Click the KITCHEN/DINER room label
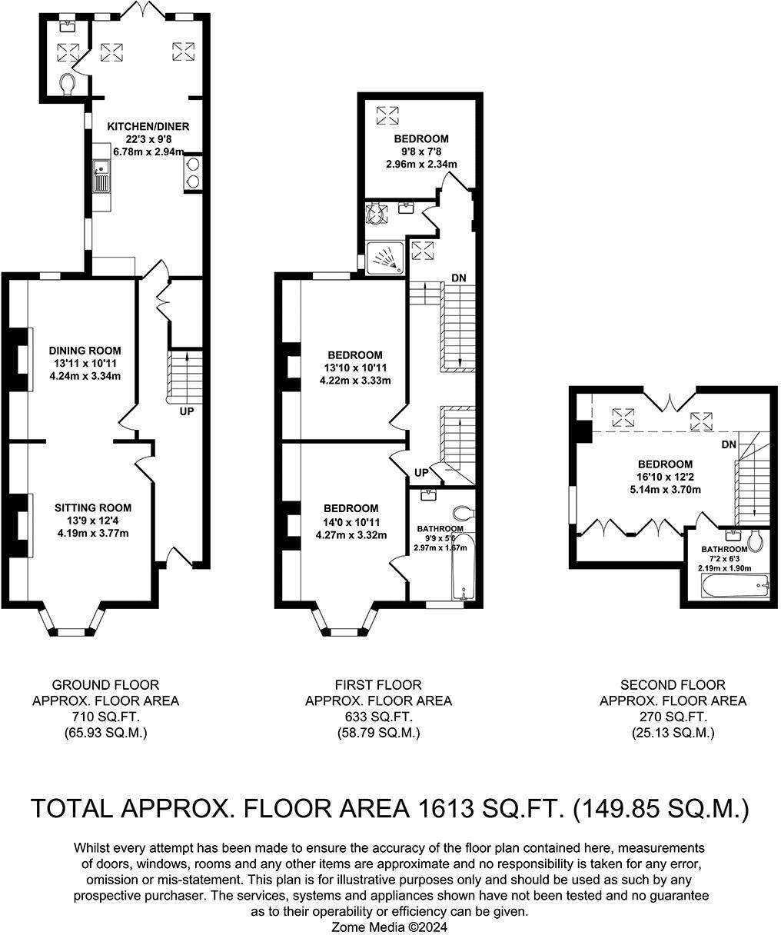point(148,127)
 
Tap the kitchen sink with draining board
point(101,176)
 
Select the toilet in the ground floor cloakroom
point(67,84)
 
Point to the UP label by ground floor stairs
point(187,411)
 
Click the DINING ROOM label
point(85,351)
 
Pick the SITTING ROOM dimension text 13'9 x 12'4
point(93,521)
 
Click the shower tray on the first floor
point(385,258)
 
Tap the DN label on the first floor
point(459,278)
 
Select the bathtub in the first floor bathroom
point(461,567)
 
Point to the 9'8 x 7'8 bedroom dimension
point(421,151)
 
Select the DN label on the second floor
point(729,444)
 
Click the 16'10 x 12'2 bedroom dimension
point(666,477)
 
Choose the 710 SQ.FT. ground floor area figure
point(105,717)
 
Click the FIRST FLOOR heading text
point(378,684)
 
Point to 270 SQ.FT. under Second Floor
point(673,717)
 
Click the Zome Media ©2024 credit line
point(389,927)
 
